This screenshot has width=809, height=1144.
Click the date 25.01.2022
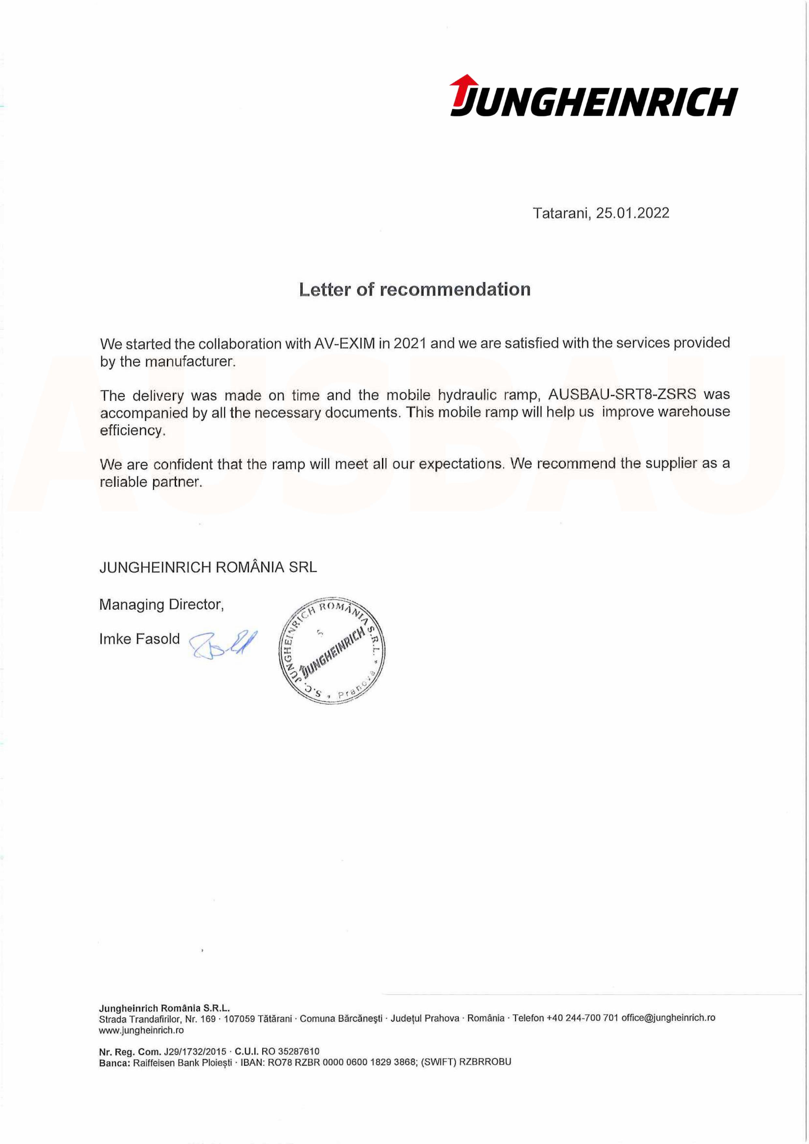[632, 213]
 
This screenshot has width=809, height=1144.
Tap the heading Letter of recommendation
[415, 289]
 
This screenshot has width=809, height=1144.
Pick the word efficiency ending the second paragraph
[132, 430]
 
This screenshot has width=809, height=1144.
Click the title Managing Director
[161, 604]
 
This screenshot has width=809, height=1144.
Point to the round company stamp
[331, 650]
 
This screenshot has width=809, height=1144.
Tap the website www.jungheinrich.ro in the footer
[141, 1030]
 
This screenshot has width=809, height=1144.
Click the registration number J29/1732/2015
[195, 1051]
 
